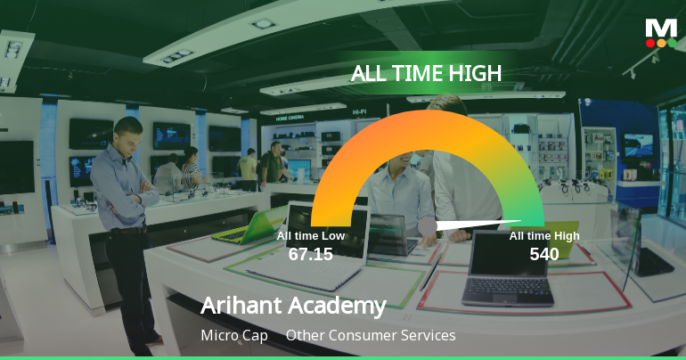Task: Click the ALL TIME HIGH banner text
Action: (x=426, y=73)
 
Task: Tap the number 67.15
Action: (x=310, y=254)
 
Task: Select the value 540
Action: (x=543, y=254)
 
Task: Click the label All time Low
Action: (x=310, y=235)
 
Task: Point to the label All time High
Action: (x=544, y=235)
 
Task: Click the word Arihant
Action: (x=245, y=306)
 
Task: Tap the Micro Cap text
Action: (x=234, y=336)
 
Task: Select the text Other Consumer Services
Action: (x=371, y=336)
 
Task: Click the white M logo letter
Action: (x=661, y=27)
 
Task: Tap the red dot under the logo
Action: (x=650, y=43)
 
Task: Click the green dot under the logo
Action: (x=672, y=43)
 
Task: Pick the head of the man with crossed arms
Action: (x=127, y=132)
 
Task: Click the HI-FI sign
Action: (x=359, y=112)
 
